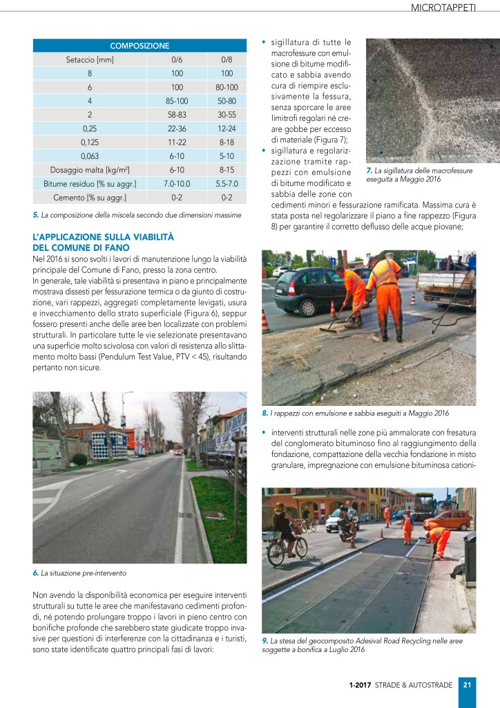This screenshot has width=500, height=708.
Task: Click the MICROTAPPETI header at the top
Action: pos(452,9)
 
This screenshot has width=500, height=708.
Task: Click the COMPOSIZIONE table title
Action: pos(140,46)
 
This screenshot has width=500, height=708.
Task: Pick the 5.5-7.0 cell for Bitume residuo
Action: pos(227,183)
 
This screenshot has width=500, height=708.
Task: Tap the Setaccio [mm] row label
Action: pos(89,59)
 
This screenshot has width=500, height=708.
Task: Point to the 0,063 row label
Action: pos(89,156)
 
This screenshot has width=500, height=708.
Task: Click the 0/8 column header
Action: pos(227,59)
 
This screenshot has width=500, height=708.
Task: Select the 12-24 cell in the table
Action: pos(227,129)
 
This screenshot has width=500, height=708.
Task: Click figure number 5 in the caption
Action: pos(35,215)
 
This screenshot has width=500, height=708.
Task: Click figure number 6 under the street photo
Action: pos(35,573)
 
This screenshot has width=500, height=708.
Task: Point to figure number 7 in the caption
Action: pos(369,170)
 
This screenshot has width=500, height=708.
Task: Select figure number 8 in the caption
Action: pos(265,413)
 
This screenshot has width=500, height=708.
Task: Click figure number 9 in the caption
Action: pos(265,641)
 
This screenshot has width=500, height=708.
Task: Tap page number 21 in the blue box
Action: pos(467,685)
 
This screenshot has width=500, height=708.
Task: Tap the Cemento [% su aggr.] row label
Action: pos(89,197)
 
